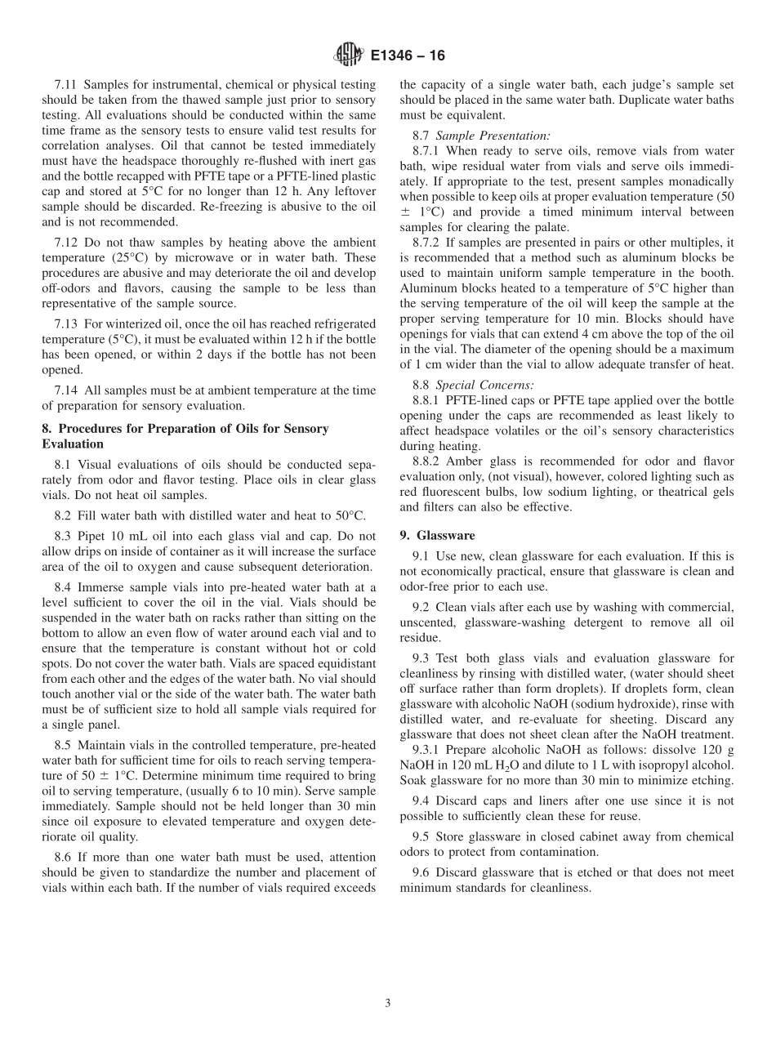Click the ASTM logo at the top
[x=348, y=56]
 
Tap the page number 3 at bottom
[x=388, y=1004]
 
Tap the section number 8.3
[x=64, y=536]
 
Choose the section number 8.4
[x=64, y=587]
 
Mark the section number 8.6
[x=64, y=857]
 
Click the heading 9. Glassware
[x=437, y=535]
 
